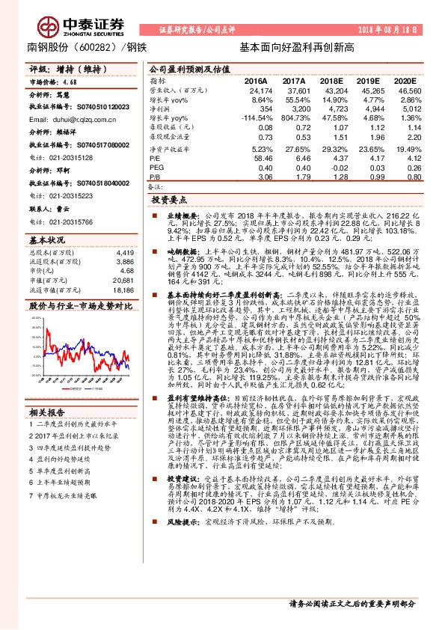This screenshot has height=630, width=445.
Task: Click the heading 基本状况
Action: pos(47,241)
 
